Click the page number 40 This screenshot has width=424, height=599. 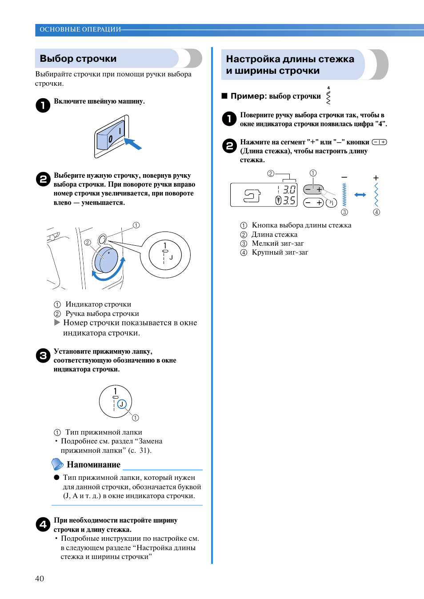[40, 578]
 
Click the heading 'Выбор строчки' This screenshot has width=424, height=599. [78, 59]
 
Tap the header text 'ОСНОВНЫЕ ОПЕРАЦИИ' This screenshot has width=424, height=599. [80, 29]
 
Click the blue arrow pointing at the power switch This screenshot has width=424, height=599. [133, 144]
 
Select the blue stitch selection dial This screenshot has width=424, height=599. [106, 260]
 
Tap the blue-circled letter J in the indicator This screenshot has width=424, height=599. [121, 404]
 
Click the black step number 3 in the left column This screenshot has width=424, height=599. [43, 355]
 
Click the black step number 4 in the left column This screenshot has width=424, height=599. [43, 524]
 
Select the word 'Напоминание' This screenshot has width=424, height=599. [93, 464]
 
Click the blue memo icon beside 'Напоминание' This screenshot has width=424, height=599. [57, 464]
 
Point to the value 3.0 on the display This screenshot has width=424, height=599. [289, 190]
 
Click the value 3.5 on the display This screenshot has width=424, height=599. [289, 200]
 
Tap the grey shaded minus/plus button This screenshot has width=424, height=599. [313, 189]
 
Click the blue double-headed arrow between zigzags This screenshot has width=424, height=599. [360, 195]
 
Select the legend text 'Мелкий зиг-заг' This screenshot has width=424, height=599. [278, 243]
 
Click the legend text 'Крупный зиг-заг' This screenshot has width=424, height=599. [280, 252]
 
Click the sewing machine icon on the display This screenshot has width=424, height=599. [252, 196]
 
